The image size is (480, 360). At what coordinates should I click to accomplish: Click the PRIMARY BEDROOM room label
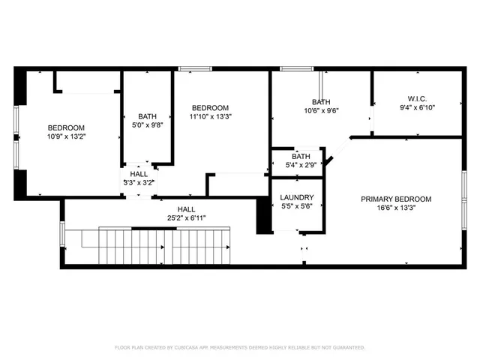(x=396, y=199)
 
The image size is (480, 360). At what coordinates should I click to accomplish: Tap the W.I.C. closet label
(x=417, y=99)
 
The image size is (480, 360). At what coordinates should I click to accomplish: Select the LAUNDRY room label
(x=297, y=197)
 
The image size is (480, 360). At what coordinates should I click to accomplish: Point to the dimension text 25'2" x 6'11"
(x=187, y=218)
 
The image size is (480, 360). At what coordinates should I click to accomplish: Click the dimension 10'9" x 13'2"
(x=66, y=136)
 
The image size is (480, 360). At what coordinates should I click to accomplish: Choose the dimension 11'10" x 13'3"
(x=210, y=116)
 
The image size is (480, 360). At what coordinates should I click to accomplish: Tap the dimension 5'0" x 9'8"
(x=147, y=125)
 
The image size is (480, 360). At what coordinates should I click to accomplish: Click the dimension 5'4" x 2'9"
(x=301, y=165)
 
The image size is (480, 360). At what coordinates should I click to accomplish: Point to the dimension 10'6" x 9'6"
(x=321, y=110)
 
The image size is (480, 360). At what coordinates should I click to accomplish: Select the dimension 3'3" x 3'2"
(x=139, y=183)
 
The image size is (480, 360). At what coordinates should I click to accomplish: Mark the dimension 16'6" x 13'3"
(x=396, y=208)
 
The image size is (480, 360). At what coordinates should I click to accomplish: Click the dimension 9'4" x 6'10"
(x=417, y=107)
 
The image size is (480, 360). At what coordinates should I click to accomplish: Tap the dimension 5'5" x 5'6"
(x=297, y=206)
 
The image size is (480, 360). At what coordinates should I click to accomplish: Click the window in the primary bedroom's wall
(x=464, y=200)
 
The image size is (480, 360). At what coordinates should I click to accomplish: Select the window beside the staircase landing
(x=62, y=233)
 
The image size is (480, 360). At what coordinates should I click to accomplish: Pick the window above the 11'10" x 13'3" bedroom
(x=195, y=69)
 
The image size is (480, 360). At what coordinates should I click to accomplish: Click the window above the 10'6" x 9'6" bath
(x=297, y=69)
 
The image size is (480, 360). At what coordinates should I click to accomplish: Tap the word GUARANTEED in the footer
(x=349, y=347)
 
